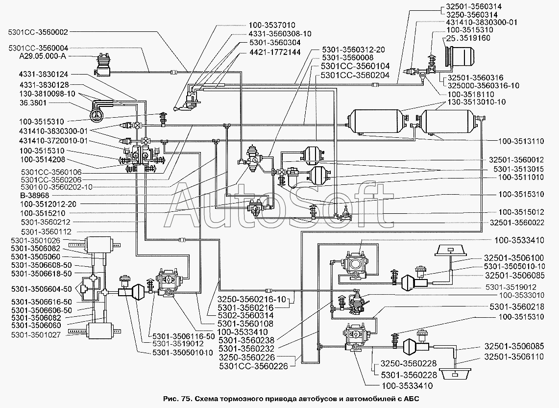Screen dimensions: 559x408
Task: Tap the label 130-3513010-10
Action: pyautogui.click(x=476, y=102)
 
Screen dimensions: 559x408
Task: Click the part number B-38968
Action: pyautogui.click(x=35, y=196)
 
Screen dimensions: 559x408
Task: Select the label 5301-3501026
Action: pyautogui.click(x=36, y=241)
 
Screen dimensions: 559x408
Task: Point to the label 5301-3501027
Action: pyautogui.click(x=36, y=335)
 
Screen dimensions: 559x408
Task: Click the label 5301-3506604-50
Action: pyautogui.click(x=41, y=289)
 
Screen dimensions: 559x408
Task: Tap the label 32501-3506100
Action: pyautogui.click(x=514, y=258)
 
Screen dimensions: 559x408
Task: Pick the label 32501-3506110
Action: pyautogui.click(x=514, y=357)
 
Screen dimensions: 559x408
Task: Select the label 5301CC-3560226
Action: pyautogui.click(x=253, y=366)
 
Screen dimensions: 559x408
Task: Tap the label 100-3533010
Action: pyautogui.click(x=521, y=295)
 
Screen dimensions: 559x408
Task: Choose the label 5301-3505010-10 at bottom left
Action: pyautogui.click(x=183, y=353)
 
